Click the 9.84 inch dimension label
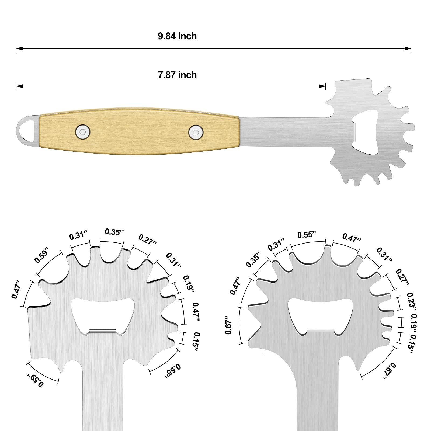tap(177, 36)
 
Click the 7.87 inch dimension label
tap(177, 75)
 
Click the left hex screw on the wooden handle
tap(83, 132)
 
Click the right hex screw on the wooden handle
tap(196, 132)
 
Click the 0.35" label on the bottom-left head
tap(114, 232)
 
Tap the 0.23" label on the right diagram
tap(412, 301)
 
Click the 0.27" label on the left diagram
tap(148, 239)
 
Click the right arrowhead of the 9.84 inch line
tap(408, 48)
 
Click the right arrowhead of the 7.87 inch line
tap(322, 86)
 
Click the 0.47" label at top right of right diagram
tap(352, 238)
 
